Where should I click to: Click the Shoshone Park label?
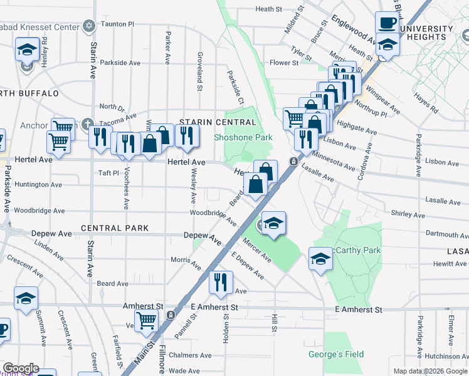tap(243, 137)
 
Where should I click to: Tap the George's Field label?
tap(336, 354)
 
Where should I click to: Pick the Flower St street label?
tap(283, 63)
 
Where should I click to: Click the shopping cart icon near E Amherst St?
tap(146, 320)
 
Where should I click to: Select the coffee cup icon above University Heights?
tap(387, 23)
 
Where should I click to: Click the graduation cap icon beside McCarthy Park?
tap(320, 259)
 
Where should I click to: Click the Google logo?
tap(20, 368)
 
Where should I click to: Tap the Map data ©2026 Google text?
tap(429, 371)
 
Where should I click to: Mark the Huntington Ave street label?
tap(38, 185)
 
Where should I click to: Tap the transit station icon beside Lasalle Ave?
tap(293, 162)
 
